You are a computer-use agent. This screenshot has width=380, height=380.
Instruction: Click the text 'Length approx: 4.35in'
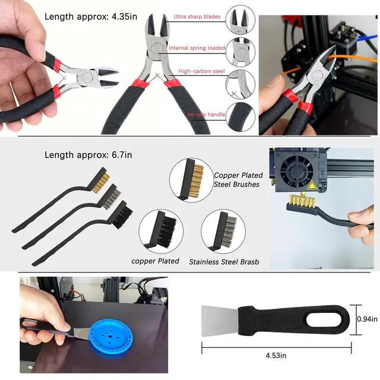(93, 16)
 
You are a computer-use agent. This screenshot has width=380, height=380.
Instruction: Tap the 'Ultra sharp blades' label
(197, 17)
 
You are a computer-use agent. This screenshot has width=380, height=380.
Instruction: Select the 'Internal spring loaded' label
(197, 48)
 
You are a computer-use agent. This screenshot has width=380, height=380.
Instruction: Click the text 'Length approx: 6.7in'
(88, 155)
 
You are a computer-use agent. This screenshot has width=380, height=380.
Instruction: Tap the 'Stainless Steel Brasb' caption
(224, 262)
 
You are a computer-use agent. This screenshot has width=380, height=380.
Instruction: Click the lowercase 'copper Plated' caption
(155, 261)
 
